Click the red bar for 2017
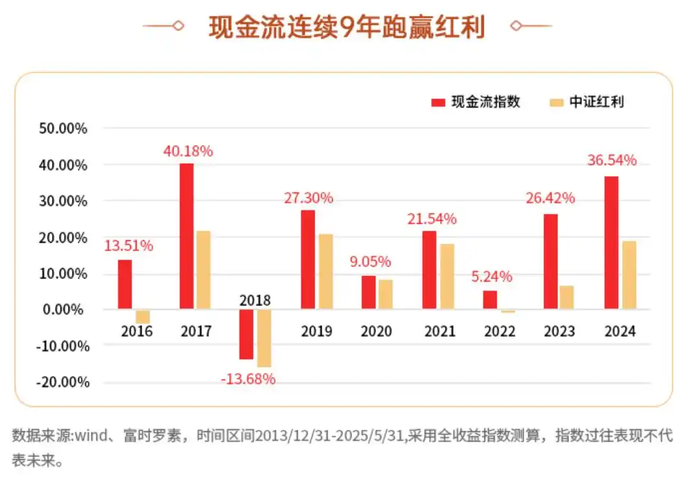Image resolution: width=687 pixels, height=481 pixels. pyautogui.click(x=186, y=236)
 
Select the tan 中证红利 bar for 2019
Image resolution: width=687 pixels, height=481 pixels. pyautogui.click(x=325, y=272)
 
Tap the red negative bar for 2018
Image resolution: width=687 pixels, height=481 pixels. pyautogui.click(x=246, y=334)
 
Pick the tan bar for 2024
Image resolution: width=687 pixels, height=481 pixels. pyautogui.click(x=628, y=275)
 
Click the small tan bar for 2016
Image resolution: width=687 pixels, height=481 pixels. pyautogui.click(x=143, y=317)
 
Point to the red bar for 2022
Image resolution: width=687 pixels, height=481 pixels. pyautogui.click(x=490, y=300)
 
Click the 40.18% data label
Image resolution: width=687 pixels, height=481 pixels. pyautogui.click(x=188, y=151)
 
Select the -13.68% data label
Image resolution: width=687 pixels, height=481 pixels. pyautogui.click(x=248, y=379)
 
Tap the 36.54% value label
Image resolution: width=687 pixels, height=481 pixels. pyautogui.click(x=612, y=159)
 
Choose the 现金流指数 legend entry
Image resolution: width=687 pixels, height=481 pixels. pyautogui.click(x=476, y=102)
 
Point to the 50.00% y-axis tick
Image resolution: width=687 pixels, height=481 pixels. pyautogui.click(x=63, y=128)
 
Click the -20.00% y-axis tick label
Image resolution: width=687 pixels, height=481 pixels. pyautogui.click(x=63, y=382)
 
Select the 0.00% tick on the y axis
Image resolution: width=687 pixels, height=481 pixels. pyautogui.click(x=66, y=309)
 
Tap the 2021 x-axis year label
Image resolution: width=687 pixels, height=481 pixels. pyautogui.click(x=440, y=331)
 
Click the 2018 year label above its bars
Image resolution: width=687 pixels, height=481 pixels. pyautogui.click(x=255, y=300)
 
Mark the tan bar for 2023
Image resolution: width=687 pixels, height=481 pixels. pyautogui.click(x=567, y=297)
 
